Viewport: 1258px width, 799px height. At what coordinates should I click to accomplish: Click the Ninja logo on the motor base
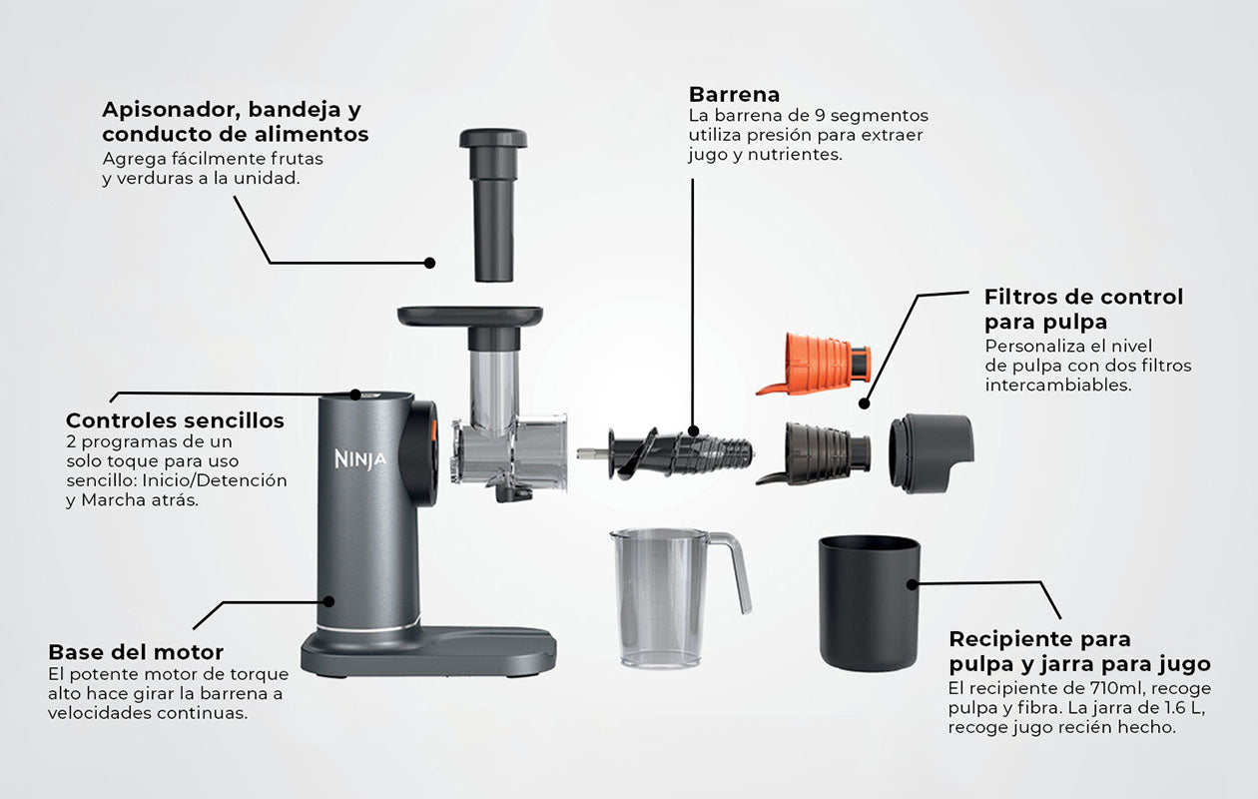(360, 459)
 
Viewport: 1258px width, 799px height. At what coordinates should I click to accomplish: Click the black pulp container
(869, 603)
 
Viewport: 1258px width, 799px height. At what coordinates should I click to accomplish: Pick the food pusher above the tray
(493, 205)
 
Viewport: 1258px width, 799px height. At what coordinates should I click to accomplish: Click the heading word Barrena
(734, 95)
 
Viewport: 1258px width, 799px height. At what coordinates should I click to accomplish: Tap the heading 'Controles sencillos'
(175, 420)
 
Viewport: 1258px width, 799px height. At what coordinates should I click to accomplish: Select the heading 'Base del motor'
(136, 652)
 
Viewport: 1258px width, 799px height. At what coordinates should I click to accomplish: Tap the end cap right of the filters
(931, 453)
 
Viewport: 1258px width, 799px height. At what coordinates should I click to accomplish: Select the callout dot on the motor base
(329, 601)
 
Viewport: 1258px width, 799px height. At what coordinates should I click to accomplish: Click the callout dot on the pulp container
(913, 585)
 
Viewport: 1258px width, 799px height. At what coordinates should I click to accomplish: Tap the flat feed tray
(470, 317)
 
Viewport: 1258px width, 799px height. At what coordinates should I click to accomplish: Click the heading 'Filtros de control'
(1083, 297)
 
